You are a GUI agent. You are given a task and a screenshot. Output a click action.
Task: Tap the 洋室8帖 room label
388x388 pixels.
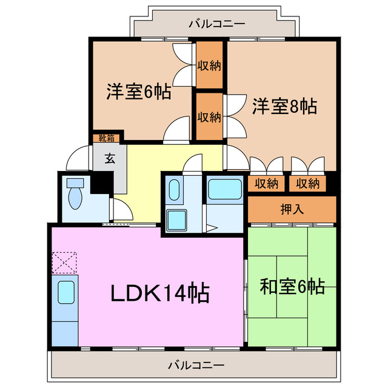tap(284, 106)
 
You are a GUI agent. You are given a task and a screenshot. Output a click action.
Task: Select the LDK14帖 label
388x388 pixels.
tap(159, 293)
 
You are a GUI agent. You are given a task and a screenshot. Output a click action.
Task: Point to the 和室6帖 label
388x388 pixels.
tap(292, 286)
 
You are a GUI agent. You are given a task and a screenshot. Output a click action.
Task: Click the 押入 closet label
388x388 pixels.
tap(292, 209)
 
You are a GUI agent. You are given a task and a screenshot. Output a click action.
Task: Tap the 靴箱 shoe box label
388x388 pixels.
tap(107, 138)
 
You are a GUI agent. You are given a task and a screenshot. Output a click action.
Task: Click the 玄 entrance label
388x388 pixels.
tap(110, 159)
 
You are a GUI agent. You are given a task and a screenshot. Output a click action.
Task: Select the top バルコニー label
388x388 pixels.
tap(216, 24)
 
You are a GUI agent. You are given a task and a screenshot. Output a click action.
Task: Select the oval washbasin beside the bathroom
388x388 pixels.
tap(174, 190)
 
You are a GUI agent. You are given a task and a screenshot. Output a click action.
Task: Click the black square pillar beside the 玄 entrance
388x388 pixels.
tap(101, 184)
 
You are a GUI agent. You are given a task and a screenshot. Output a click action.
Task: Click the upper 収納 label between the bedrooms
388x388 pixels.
tap(209, 65)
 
